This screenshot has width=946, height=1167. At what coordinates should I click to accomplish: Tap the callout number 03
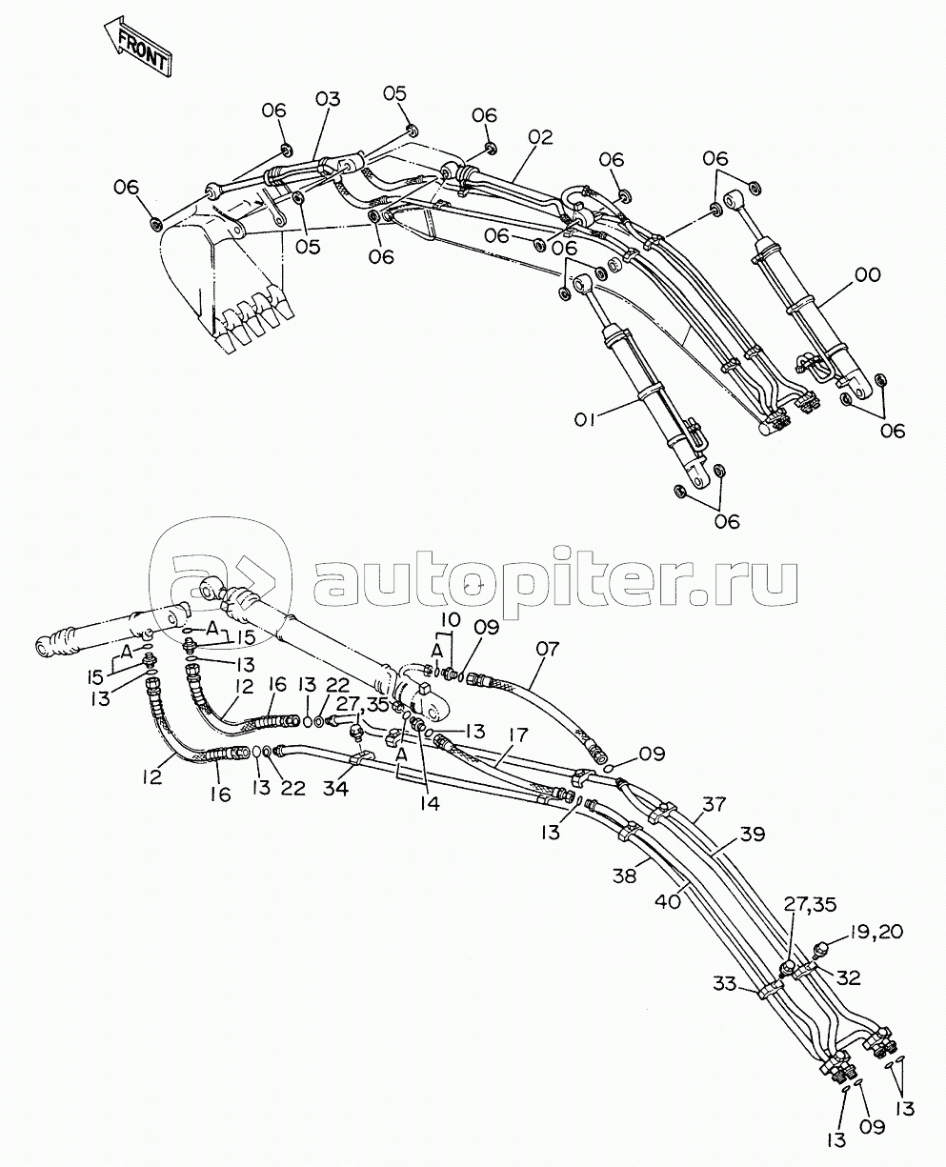[x=328, y=99]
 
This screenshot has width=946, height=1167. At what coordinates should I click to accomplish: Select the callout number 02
[x=541, y=137]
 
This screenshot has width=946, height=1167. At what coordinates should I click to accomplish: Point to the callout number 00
[x=868, y=274]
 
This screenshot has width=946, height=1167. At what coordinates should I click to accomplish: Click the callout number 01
[x=585, y=420]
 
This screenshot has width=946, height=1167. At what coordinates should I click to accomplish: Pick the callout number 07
[x=547, y=650]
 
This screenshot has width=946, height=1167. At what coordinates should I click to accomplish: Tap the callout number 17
[x=517, y=734]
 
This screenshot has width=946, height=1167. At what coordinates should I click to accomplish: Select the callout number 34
[x=335, y=789]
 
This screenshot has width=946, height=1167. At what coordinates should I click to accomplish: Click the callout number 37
[x=715, y=804]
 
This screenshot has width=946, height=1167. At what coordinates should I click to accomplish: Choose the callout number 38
[x=624, y=876]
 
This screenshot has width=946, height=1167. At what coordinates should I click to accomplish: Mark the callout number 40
[x=668, y=901]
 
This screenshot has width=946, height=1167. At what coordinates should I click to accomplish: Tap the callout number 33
[x=725, y=984]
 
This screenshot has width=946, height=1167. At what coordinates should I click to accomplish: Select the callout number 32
[x=849, y=977]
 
